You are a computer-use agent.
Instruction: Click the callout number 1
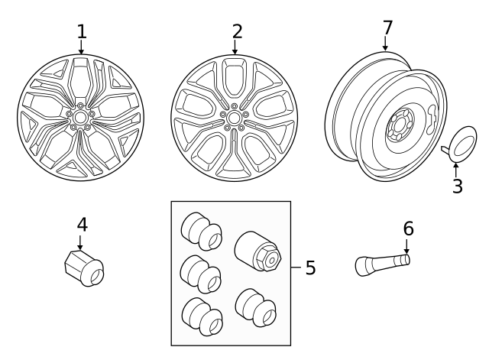82,31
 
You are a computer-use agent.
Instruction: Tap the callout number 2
237,31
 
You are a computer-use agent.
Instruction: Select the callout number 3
457,186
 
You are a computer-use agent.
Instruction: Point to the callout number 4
82,225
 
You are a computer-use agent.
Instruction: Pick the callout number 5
309,268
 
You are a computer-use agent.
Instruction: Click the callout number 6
408,229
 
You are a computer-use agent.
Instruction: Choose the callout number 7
387,28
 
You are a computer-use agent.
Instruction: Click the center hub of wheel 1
80,117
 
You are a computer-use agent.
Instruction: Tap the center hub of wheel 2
234,117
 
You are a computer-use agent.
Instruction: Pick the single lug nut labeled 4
83,268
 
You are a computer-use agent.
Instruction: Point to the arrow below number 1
81,48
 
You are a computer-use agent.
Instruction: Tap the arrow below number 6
407,246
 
